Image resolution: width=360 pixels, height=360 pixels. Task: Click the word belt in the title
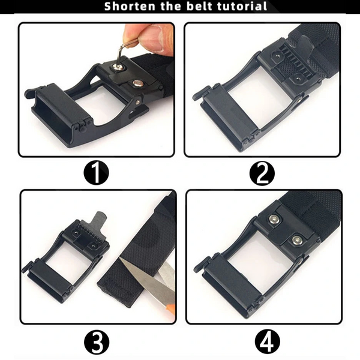199,6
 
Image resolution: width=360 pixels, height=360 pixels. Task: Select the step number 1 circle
96,172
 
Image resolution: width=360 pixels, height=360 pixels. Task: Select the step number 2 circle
262,173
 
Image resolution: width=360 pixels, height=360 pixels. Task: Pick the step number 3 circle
97,342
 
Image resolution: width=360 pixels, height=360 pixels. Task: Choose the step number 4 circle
268,342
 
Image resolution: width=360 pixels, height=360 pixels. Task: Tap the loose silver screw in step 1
138,83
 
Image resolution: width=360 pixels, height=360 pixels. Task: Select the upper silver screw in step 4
273,220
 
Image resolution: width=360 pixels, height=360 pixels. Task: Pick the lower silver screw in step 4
297,240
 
